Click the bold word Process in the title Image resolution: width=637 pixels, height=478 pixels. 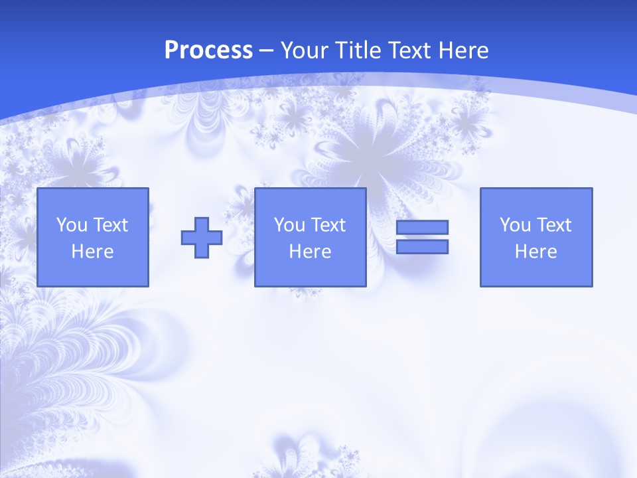pyautogui.click(x=208, y=50)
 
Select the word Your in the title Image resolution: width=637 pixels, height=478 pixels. pyautogui.click(x=302, y=50)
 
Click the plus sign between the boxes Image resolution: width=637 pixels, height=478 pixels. pyautogui.click(x=202, y=237)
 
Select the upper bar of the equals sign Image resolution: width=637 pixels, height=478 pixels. pyautogui.click(x=422, y=228)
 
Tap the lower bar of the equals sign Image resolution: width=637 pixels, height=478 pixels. pyautogui.click(x=422, y=246)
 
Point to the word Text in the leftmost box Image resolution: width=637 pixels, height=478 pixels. pyautogui.click(x=110, y=225)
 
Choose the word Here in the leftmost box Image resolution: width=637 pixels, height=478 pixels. pyautogui.click(x=92, y=252)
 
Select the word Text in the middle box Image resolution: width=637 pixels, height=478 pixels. pyautogui.click(x=328, y=225)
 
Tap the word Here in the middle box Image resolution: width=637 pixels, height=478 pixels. pyautogui.click(x=310, y=252)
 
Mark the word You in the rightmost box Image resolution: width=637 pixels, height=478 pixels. pyautogui.click(x=515, y=225)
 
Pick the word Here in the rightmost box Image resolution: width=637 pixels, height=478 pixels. pyautogui.click(x=535, y=252)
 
